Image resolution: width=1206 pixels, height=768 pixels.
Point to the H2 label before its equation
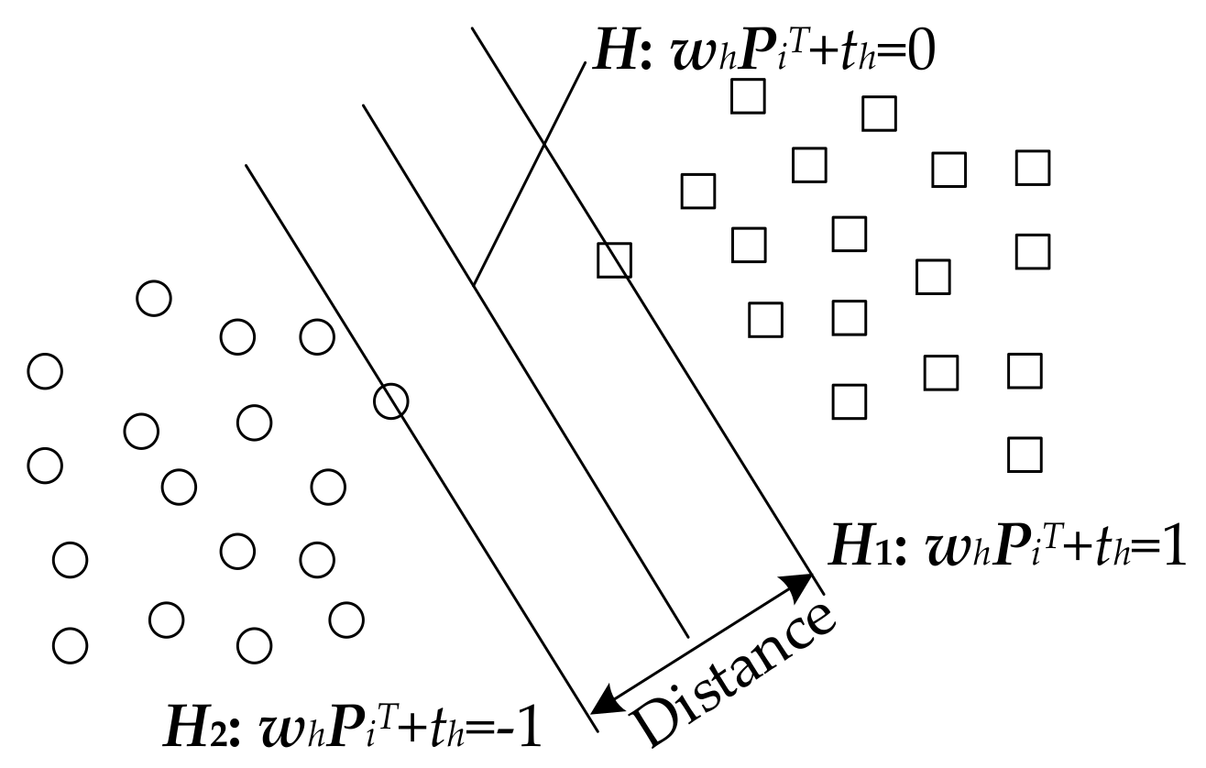pos(192,730)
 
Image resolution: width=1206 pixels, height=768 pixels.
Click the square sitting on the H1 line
pos(614,260)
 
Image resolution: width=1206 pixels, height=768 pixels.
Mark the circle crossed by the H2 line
pos(391,400)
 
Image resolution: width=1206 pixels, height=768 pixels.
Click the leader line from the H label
pos(530,174)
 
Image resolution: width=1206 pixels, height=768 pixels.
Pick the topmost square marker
pos(748,96)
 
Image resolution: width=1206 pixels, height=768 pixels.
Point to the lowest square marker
pos(1024,455)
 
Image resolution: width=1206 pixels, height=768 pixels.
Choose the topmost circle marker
pos(153,298)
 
